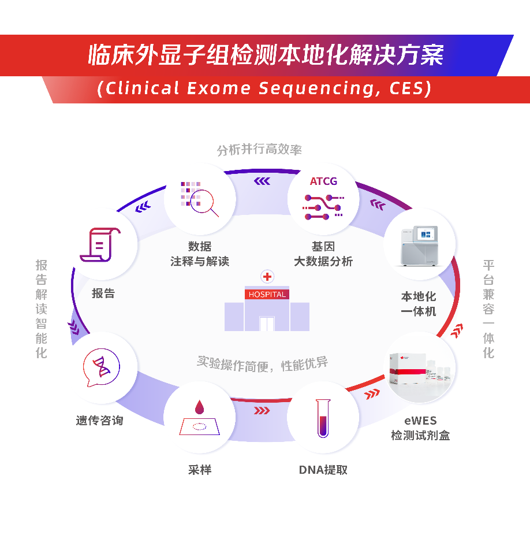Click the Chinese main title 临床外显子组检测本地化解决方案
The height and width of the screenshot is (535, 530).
click(x=265, y=55)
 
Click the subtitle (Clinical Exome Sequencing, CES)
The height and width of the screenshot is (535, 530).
click(x=265, y=89)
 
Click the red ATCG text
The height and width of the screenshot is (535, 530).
click(x=323, y=181)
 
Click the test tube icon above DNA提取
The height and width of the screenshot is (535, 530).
click(x=323, y=417)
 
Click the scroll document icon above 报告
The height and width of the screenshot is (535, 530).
click(x=102, y=245)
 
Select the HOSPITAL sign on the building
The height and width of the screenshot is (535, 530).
click(x=267, y=294)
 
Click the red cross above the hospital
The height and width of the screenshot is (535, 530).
click(x=267, y=277)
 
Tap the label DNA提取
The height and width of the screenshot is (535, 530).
click(x=323, y=470)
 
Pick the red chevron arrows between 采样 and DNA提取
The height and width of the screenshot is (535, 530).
click(x=262, y=411)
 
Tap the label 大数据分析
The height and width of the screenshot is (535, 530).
click(x=323, y=261)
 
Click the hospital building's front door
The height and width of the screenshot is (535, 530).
click(x=267, y=323)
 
